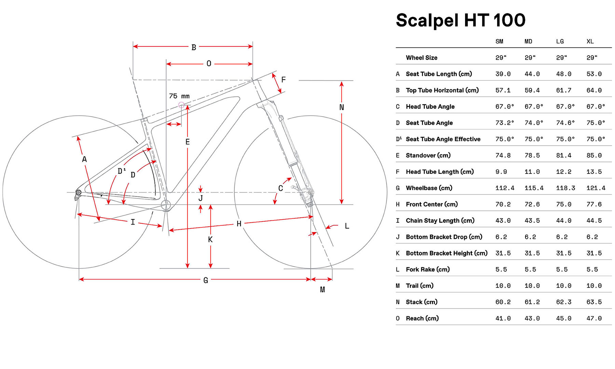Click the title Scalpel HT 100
pyautogui.click(x=460, y=20)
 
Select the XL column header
pyautogui.click(x=590, y=41)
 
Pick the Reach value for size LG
pyautogui.click(x=563, y=318)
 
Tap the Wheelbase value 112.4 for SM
pyautogui.click(x=505, y=188)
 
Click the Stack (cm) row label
pyautogui.click(x=421, y=302)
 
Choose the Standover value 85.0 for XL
pyautogui.click(x=594, y=155)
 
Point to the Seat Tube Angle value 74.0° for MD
pyautogui.click(x=534, y=123)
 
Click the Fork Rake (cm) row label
pyautogui.click(x=427, y=269)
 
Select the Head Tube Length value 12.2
pyautogui.click(x=563, y=172)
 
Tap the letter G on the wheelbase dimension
pyautogui.click(x=206, y=280)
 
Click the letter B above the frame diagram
pyautogui.click(x=194, y=47)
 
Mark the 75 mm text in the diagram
pyautogui.click(x=179, y=96)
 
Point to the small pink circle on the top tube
pyautogui.click(x=181, y=105)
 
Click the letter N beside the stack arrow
pyautogui.click(x=341, y=107)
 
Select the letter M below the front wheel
pyautogui.click(x=322, y=290)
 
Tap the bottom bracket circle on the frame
pyautogui.click(x=166, y=205)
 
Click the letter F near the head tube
pyautogui.click(x=283, y=80)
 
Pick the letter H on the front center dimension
pyautogui.click(x=239, y=224)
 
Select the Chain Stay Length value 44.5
pyautogui.click(x=594, y=221)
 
